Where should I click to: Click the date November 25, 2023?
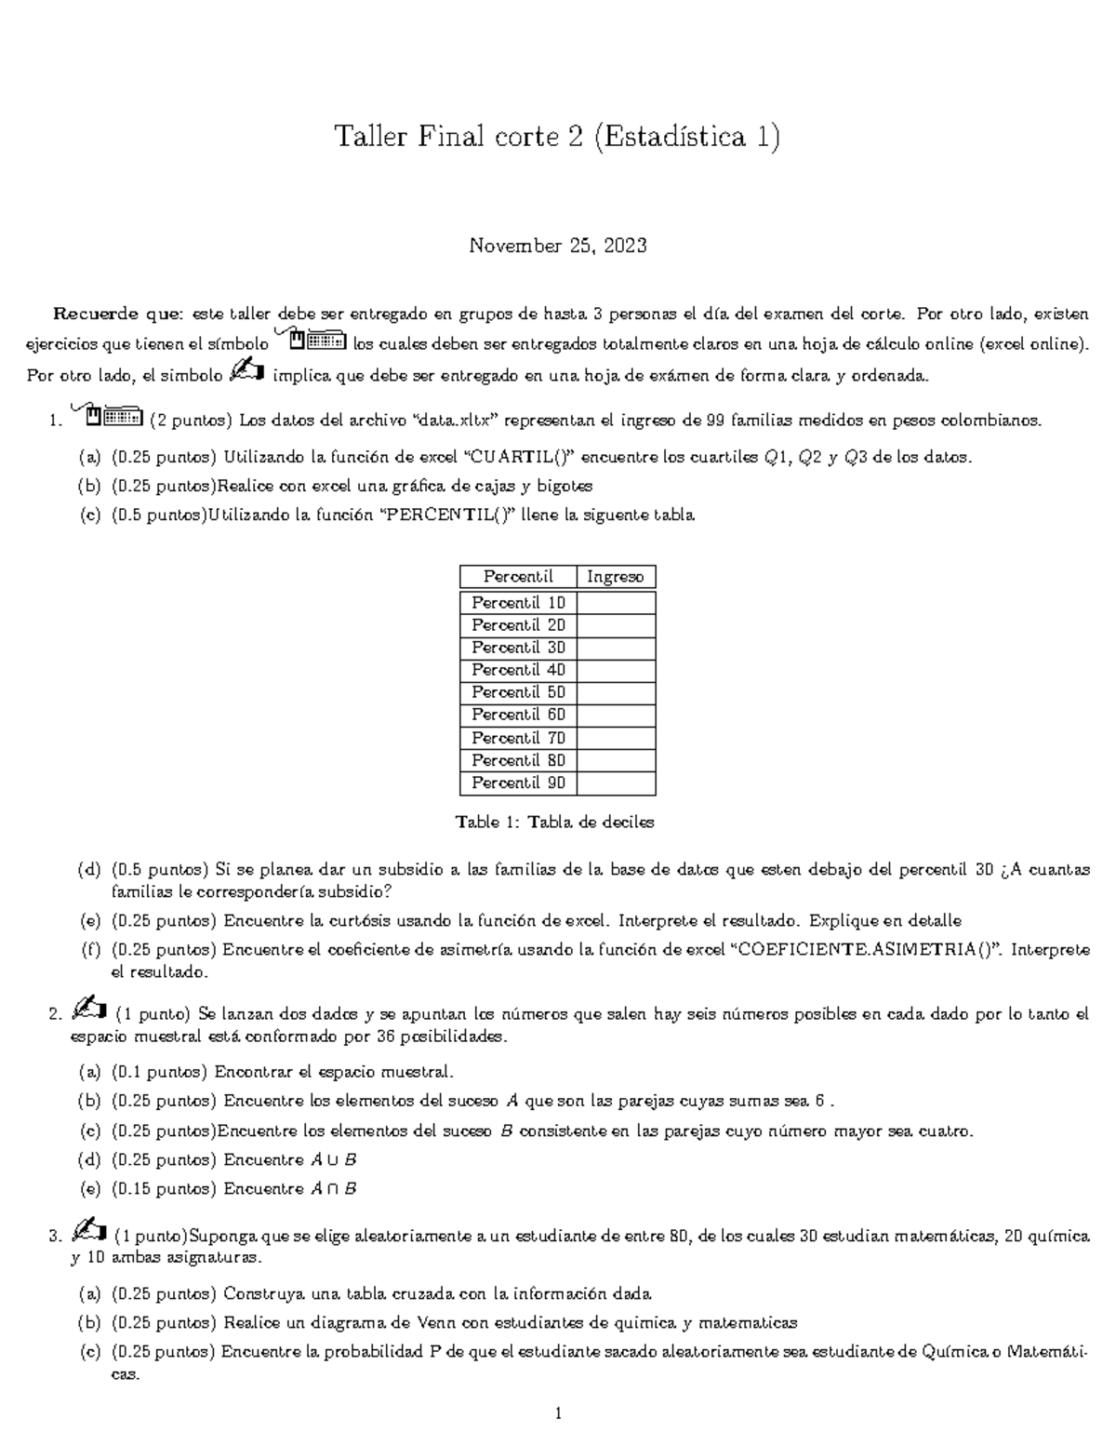pos(557,247)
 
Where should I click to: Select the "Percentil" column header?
pos(518,577)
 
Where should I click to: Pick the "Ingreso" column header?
pos(615,577)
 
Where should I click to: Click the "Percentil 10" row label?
pos(518,603)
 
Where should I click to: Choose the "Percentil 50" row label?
pos(518,692)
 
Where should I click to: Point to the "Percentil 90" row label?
pos(518,783)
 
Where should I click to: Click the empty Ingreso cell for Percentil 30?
pos(616,648)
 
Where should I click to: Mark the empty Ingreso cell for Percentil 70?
pos(616,738)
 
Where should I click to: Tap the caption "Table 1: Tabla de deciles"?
pos(555,823)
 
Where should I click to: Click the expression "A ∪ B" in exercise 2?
pos(332,1160)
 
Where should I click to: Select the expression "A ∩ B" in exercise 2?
pos(332,1189)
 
